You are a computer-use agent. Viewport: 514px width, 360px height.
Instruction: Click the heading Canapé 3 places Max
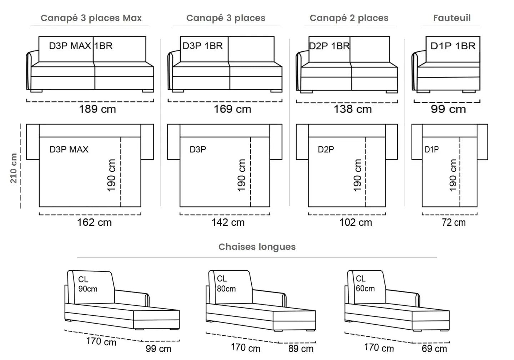91,18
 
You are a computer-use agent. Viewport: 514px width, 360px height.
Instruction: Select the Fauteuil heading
452,18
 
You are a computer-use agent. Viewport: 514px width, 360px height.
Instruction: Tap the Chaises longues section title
257,247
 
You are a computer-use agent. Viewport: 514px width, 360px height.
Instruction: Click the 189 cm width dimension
97,109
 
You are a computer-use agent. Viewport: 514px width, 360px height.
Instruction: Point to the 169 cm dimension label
232,109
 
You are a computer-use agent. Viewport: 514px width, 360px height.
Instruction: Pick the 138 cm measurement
353,109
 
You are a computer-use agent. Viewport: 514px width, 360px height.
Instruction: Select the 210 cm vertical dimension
14,168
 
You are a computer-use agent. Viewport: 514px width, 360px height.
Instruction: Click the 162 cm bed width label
94,222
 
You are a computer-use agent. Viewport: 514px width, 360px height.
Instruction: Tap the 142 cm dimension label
228,222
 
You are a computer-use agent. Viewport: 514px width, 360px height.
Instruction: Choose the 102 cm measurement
356,222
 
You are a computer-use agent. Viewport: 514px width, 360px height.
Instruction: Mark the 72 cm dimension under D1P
454,222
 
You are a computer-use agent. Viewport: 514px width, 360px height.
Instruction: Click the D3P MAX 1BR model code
81,46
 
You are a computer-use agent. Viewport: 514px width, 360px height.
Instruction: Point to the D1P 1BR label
453,46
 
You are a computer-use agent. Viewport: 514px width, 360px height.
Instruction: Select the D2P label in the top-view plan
326,149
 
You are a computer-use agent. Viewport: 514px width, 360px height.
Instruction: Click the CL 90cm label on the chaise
88,284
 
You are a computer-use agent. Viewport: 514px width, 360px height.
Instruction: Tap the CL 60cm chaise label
365,284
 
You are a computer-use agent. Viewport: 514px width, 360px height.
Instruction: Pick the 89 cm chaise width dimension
301,349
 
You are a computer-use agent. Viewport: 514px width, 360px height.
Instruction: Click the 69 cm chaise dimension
434,349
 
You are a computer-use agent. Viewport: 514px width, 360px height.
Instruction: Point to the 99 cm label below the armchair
448,109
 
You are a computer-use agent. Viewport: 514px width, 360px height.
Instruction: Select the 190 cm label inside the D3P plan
241,175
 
